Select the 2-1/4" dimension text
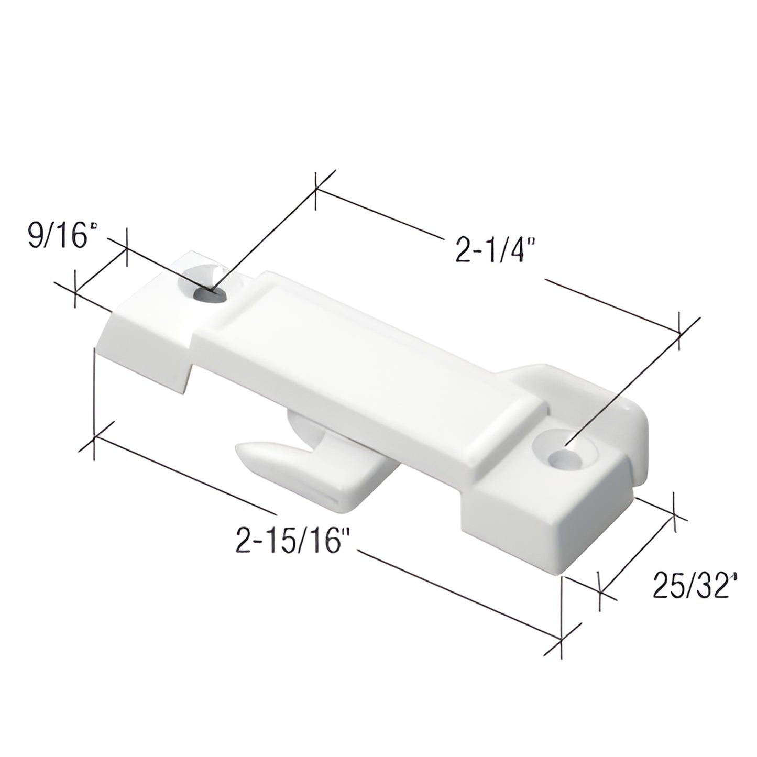pos(495,250)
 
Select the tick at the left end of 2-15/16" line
pos(94,437)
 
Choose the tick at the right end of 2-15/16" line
pos(562,640)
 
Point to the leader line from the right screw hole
pos(629,388)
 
